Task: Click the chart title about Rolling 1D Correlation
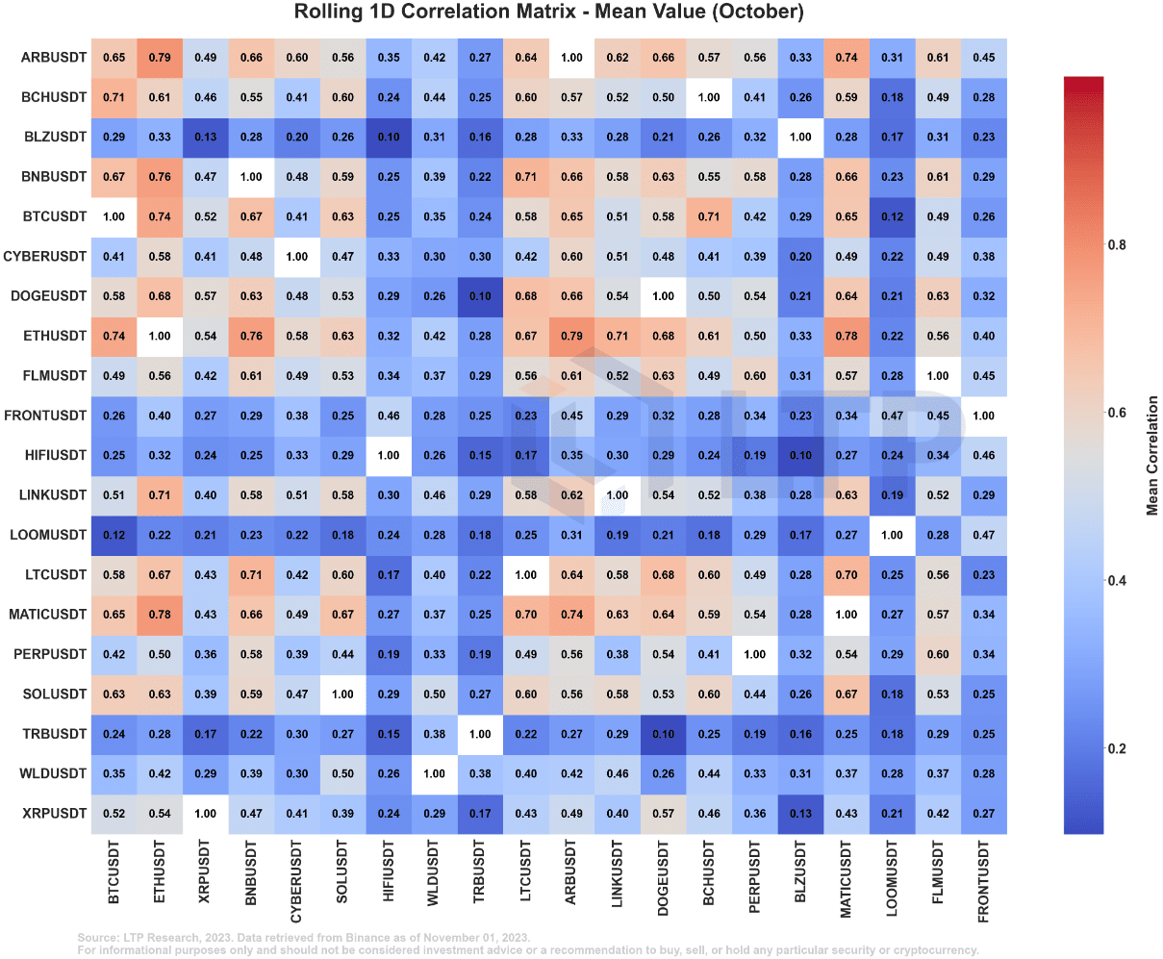coord(548,13)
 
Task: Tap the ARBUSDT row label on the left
coord(54,58)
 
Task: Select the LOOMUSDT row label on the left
coord(48,535)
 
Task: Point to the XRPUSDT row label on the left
coord(54,814)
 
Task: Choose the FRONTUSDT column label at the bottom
coord(983,881)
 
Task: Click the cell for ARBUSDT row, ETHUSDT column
coord(160,58)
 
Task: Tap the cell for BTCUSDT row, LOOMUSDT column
coord(892,216)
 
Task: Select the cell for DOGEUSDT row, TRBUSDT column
coord(480,296)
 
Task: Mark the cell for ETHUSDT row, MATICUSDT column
coord(847,336)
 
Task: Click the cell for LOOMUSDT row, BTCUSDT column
coord(114,535)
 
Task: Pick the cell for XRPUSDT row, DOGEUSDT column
coord(663,814)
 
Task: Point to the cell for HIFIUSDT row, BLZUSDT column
coord(800,455)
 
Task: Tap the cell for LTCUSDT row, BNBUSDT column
coord(251,575)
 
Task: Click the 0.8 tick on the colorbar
coord(1117,245)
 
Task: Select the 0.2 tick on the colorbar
coord(1117,748)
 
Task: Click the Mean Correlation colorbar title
coord(1152,455)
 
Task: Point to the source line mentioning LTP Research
coord(303,937)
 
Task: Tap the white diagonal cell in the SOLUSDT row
coord(342,694)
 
